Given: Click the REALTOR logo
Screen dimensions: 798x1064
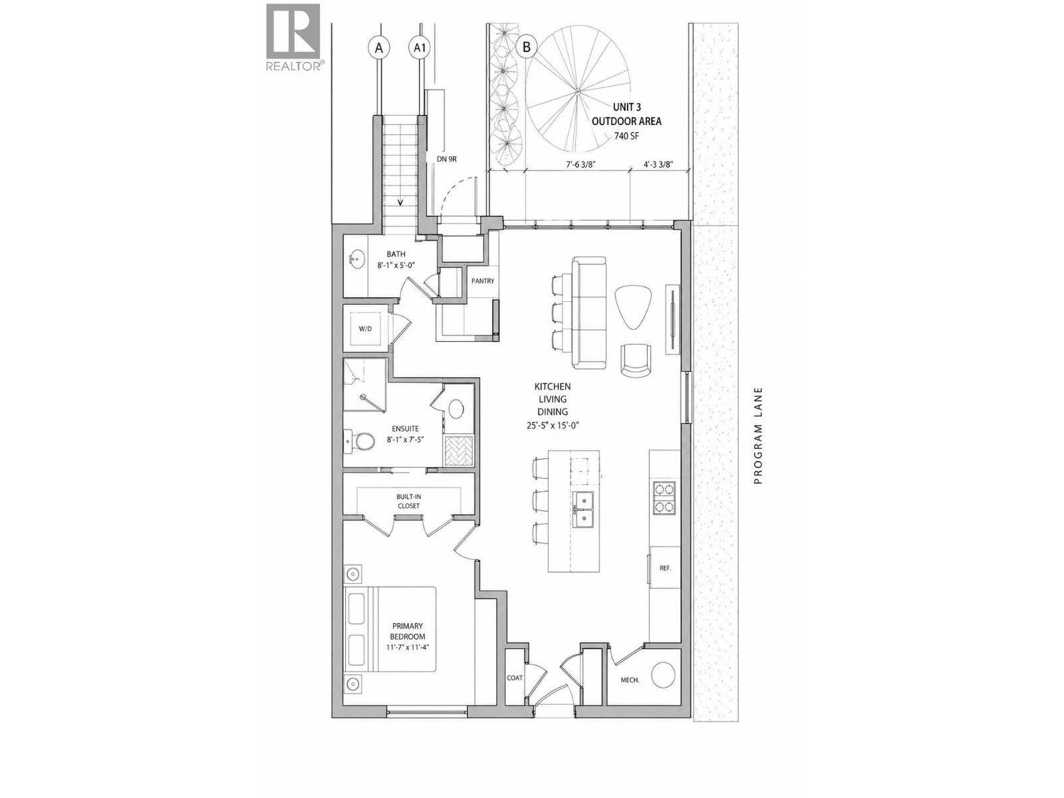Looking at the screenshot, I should pyautogui.click(x=293, y=37).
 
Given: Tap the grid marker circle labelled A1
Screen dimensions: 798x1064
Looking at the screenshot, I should pyautogui.click(x=420, y=48).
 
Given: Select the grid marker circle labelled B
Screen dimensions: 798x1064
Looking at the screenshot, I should pyautogui.click(x=527, y=47).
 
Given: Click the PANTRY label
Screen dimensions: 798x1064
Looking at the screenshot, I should pyautogui.click(x=483, y=281).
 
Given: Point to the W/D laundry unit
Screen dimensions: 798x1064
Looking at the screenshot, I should pyautogui.click(x=365, y=328).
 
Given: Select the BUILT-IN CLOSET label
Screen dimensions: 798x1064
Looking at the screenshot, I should pyautogui.click(x=408, y=501).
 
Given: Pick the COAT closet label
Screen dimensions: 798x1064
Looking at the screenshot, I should pyautogui.click(x=515, y=678).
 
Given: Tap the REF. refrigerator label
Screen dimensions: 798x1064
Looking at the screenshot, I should pyautogui.click(x=665, y=569).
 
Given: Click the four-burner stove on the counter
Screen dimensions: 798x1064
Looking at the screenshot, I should pyautogui.click(x=664, y=497).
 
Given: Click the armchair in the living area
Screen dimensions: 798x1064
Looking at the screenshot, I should pyautogui.click(x=637, y=360).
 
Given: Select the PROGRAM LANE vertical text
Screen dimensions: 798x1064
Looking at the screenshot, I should pyautogui.click(x=758, y=436).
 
